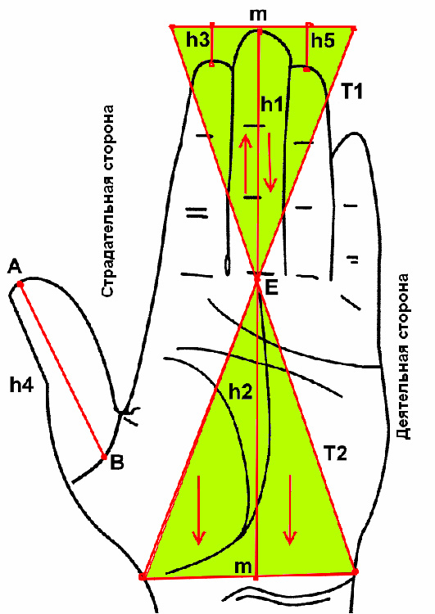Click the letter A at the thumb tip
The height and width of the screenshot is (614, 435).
[x=15, y=268]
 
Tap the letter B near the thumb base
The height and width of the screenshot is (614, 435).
[x=117, y=463]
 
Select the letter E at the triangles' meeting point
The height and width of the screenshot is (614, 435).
[x=271, y=289]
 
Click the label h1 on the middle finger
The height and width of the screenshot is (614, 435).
[x=272, y=105]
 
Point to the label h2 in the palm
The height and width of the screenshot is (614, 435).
[x=240, y=391]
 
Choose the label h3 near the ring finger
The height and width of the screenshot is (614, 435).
[x=198, y=40]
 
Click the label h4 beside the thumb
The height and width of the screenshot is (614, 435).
[x=21, y=386]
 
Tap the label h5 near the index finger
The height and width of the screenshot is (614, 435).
[x=323, y=40]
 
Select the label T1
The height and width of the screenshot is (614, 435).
[x=352, y=92]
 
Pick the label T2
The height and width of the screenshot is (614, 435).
[x=335, y=454]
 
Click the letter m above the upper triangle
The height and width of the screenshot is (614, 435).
[x=258, y=15]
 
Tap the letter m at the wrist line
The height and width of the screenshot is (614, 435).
[x=243, y=567]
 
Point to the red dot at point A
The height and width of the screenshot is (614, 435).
[x=20, y=285]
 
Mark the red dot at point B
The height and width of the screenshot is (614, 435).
[x=104, y=457]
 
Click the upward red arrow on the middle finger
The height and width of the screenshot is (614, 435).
[x=246, y=163]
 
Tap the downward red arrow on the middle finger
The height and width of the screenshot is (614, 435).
[x=270, y=162]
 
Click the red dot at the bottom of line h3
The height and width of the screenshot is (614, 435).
[x=211, y=64]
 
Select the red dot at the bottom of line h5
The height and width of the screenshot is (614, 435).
[x=306, y=70]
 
